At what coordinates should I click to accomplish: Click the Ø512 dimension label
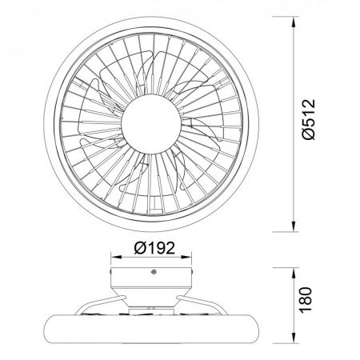pos(309,119)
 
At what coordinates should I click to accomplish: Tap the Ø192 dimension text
pos(154,248)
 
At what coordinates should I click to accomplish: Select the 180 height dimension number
pos(306,299)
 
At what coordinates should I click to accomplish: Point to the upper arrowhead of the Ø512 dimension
pos(294,22)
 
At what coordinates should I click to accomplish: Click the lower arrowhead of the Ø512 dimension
pos(294,226)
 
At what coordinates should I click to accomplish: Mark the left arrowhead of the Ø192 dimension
pos(116,257)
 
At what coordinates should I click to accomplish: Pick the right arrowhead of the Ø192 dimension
pos(186,257)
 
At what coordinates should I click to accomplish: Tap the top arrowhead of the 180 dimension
pos(294,273)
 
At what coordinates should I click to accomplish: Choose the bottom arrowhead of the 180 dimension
pos(294,338)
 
